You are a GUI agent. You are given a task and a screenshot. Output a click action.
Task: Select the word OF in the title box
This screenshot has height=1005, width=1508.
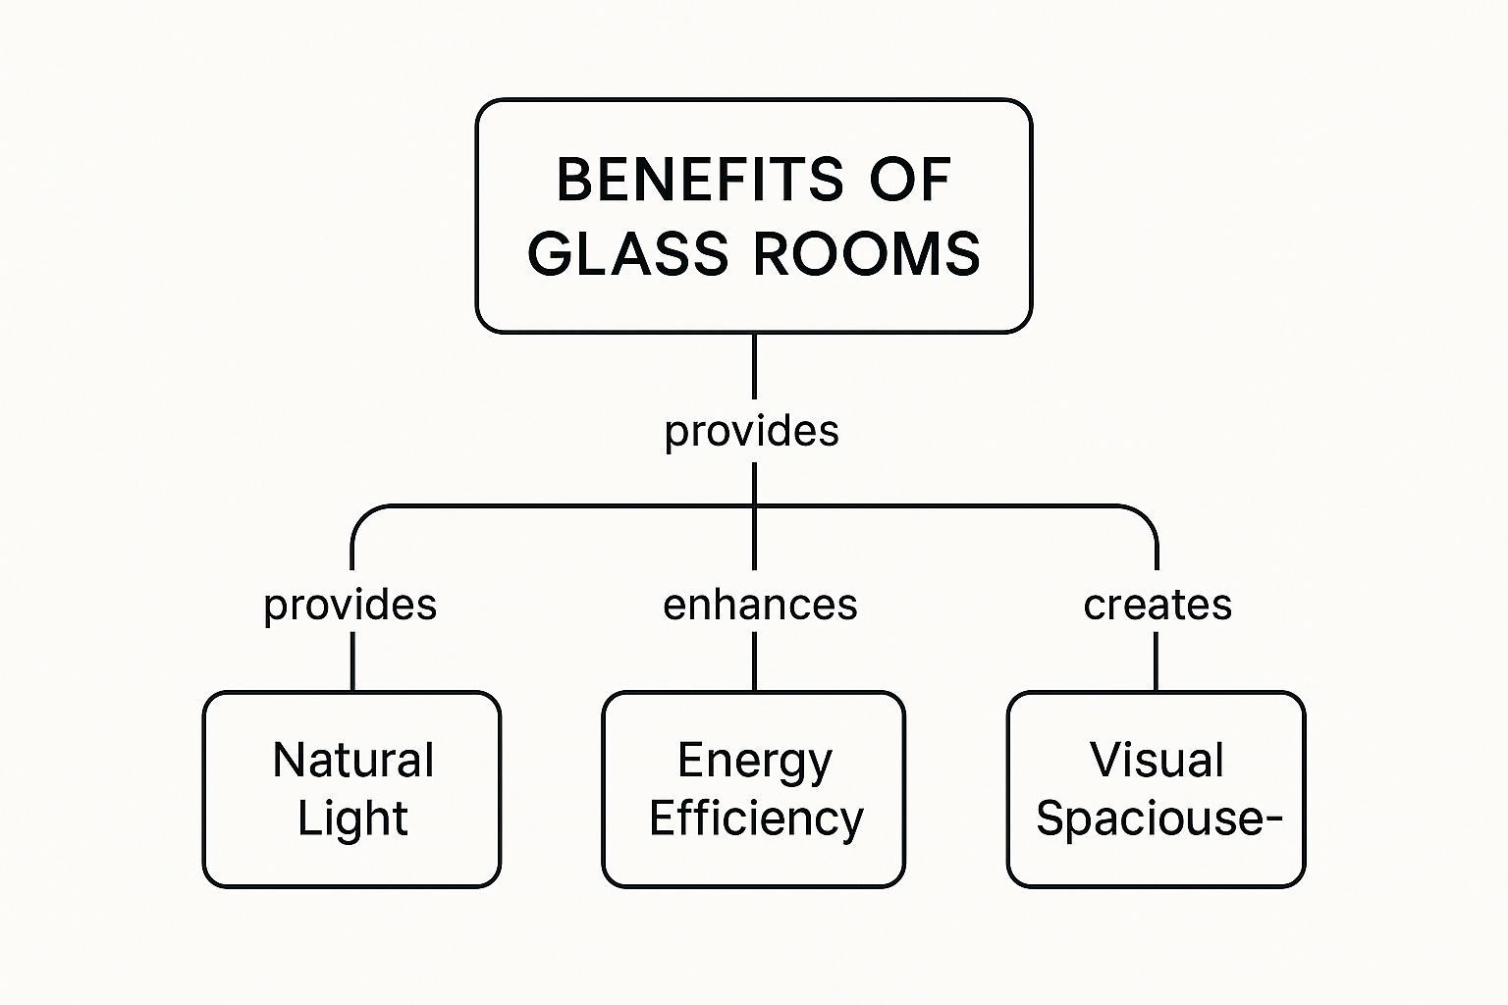coord(910,180)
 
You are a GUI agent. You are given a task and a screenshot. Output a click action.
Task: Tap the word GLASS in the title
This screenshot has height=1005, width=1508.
coord(629,252)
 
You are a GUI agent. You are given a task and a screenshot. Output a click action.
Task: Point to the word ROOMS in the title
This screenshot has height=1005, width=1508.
coord(867,252)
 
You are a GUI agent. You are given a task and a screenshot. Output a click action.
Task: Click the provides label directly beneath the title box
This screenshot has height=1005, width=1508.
coord(752,431)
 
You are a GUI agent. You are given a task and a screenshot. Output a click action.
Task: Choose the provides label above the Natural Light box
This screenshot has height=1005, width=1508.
coord(350,605)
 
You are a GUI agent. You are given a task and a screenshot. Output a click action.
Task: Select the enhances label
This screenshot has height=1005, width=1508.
coord(760,605)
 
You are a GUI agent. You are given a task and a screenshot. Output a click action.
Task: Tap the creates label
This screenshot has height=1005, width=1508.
coord(1158,605)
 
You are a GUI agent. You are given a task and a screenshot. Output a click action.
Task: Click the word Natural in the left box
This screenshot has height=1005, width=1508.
coord(353,761)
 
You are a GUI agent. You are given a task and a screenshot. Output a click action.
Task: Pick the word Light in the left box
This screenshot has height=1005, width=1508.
coord(352,819)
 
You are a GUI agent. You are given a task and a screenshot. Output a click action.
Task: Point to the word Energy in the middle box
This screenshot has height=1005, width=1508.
coord(754,761)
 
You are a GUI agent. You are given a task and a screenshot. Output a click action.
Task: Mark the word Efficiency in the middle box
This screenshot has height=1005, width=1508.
coord(756,819)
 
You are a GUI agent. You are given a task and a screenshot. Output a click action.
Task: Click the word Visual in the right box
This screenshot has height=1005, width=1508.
coord(1157,761)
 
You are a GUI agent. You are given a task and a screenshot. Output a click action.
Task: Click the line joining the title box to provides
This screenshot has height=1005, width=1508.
coord(754,367)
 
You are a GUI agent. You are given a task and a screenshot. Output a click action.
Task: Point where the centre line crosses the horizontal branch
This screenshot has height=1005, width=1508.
coord(754,506)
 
